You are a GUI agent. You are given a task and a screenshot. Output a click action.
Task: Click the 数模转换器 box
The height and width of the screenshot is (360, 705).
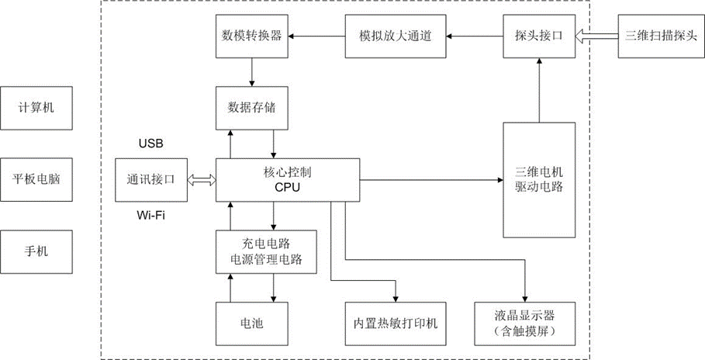252,36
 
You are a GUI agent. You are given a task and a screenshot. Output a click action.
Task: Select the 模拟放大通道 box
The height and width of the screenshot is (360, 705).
396,36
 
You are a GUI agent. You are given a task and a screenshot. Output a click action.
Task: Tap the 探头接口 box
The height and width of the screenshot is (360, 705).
538,36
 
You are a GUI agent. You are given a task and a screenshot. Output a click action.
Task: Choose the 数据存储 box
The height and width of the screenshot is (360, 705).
252,108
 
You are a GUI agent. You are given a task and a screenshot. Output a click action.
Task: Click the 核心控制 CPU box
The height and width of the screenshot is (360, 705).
288,179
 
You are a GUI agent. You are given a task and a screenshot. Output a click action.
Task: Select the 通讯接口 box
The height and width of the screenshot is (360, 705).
150,179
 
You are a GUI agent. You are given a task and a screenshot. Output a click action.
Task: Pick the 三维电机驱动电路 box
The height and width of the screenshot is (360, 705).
539,179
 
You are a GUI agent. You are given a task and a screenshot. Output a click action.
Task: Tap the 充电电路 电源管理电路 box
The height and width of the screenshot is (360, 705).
266,251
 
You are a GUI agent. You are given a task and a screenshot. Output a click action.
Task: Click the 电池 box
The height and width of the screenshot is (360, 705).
252,322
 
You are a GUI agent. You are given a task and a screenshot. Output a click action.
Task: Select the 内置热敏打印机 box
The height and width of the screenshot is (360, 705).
396,322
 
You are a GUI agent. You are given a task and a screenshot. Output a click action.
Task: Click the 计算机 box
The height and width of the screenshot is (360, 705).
38,108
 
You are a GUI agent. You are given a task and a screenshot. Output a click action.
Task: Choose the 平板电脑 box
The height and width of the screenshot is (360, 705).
38,179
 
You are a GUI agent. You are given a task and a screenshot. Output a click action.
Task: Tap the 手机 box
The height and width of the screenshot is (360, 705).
38,251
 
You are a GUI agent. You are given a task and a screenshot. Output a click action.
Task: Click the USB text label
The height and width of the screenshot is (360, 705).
150,144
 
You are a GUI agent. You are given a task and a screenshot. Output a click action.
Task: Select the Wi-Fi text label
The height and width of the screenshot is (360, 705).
151,216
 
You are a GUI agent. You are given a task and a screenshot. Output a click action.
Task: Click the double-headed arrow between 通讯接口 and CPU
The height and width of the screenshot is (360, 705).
201,179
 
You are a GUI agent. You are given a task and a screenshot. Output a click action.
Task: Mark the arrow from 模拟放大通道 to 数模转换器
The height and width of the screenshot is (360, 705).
317,36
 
